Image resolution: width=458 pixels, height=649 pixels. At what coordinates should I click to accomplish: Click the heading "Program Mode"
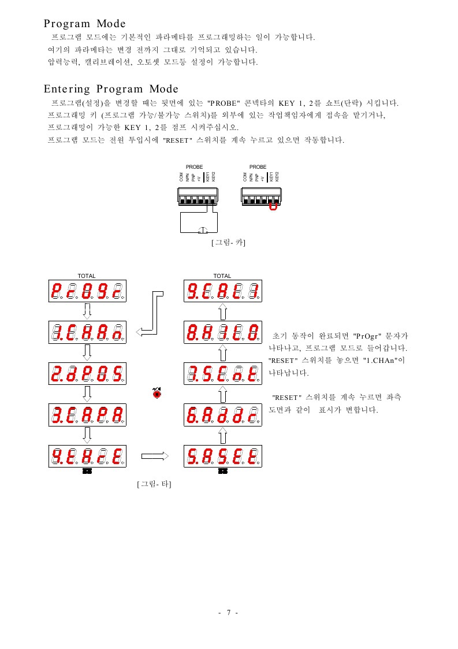84,24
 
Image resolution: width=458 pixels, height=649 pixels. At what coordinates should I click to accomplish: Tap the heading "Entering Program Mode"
111,89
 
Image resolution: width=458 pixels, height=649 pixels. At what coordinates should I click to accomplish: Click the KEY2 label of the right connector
277,177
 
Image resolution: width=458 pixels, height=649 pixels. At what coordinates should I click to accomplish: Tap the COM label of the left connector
181,177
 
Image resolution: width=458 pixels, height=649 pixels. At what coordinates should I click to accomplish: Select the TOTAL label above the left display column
87,276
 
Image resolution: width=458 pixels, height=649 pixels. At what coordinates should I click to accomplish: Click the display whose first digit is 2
87,374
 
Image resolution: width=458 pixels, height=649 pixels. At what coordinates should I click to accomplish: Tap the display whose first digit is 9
87,457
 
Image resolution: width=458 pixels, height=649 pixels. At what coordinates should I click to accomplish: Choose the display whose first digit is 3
87,414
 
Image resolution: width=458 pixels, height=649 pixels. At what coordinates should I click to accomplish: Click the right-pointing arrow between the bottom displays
154,457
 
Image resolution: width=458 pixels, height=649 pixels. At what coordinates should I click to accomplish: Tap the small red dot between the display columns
157,393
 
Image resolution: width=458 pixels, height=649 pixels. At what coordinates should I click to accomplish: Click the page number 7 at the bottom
229,613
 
